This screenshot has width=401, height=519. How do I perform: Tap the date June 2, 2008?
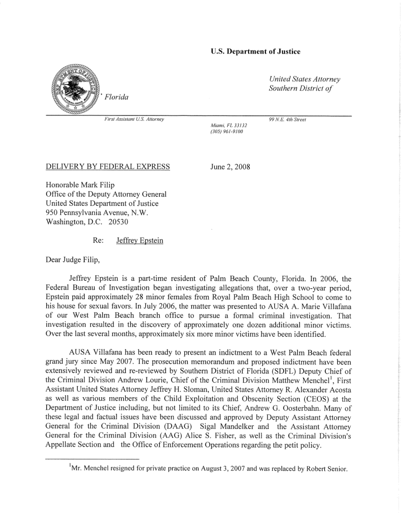coord(230,167)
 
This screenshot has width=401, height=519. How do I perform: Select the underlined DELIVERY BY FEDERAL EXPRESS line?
coord(108,167)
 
